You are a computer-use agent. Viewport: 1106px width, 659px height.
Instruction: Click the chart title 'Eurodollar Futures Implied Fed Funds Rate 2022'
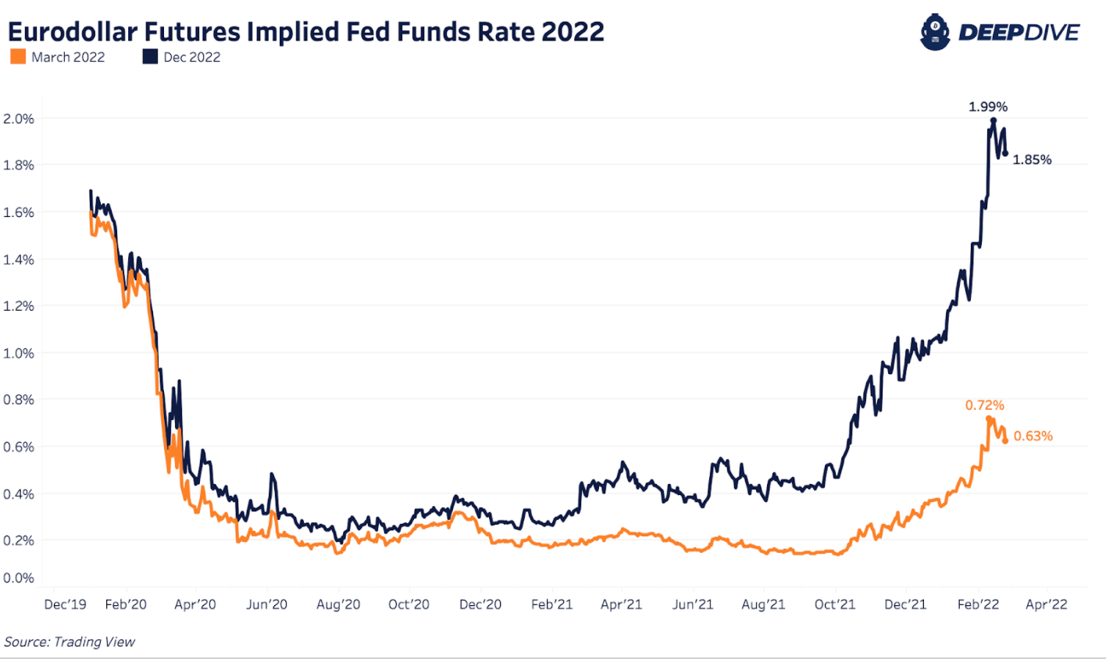coord(306,32)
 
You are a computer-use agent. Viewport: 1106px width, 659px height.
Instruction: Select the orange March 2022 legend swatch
coord(18,57)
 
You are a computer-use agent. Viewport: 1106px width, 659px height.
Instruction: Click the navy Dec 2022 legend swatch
coord(150,57)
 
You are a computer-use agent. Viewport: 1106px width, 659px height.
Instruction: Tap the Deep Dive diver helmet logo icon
coord(934,33)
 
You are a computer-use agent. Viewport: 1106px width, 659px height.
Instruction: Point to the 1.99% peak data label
coord(988,106)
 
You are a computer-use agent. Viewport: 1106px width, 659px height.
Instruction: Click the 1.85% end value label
coord(1032,160)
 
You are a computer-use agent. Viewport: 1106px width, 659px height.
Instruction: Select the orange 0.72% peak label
coord(984,405)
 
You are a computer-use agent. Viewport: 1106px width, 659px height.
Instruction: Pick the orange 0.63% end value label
coord(1033,436)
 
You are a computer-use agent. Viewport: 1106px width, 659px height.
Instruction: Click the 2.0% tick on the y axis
coord(19,119)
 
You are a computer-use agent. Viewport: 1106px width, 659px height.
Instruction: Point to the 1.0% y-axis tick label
coord(19,353)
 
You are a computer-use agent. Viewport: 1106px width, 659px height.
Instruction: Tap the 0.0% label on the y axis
coord(19,578)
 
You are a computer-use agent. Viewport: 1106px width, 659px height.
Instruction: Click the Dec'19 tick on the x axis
coord(66,604)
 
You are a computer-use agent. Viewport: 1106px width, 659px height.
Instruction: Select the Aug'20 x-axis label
coord(338,604)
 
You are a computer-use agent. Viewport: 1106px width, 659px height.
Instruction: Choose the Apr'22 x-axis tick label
coord(1046,604)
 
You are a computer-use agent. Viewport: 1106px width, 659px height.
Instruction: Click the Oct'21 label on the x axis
coord(835,604)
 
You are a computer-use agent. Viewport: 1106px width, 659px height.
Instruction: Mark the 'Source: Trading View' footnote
coord(70,642)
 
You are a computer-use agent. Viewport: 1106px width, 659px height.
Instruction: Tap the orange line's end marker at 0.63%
coord(1005,441)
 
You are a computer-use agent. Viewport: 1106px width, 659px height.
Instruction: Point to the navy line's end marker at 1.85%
coord(1005,153)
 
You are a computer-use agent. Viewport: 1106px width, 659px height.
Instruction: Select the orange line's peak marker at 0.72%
coord(989,419)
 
